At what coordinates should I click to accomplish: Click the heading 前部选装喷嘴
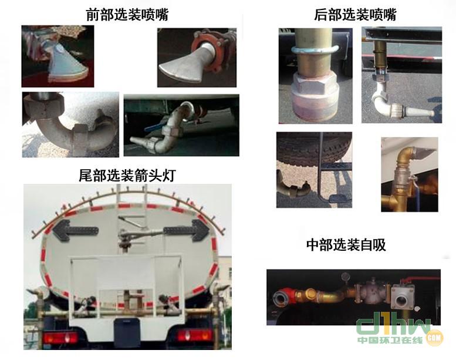(x=127, y=15)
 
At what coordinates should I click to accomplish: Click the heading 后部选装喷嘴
(x=355, y=15)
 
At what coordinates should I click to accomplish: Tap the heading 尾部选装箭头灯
(x=127, y=175)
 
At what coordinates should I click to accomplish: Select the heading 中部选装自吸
(x=346, y=245)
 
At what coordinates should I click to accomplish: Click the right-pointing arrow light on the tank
(x=187, y=230)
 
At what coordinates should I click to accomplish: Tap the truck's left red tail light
(x=60, y=338)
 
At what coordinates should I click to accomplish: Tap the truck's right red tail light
(x=194, y=335)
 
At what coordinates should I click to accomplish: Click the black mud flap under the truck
(x=127, y=332)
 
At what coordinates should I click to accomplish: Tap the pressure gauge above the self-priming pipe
(x=346, y=277)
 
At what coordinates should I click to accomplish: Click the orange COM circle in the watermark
(x=434, y=338)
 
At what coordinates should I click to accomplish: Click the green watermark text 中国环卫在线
(x=390, y=340)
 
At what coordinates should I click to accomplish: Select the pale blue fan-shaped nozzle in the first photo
(x=66, y=65)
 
